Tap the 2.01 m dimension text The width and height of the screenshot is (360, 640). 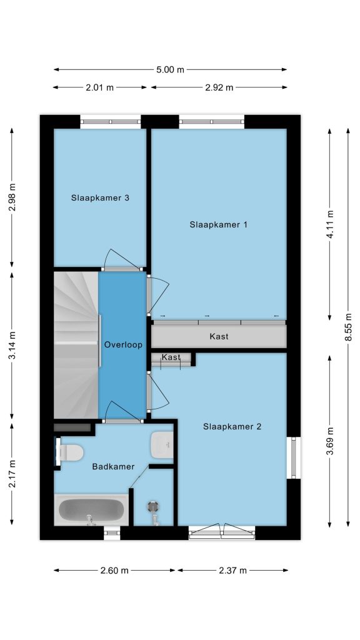click(99, 87)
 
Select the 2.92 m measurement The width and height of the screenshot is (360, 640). click(219, 87)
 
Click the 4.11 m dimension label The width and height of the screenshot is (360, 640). click(330, 224)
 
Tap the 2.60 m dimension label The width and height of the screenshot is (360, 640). click(114, 571)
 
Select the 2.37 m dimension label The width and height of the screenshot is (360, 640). click(232, 571)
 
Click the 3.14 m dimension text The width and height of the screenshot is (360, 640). click(12, 345)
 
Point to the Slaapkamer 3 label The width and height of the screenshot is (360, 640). click(101, 198)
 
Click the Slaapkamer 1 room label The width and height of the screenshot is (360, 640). click(218, 224)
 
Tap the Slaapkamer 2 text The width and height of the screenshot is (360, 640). click(232, 426)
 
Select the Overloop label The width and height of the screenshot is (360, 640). click(123, 345)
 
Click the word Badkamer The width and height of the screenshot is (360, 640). click(113, 466)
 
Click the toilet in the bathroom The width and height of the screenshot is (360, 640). click(69, 452)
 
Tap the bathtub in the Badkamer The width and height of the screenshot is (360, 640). click(91, 510)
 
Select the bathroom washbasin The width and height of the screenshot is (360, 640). click(162, 445)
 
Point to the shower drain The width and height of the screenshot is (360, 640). click(154, 506)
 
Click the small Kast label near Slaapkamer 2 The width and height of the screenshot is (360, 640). click(171, 357)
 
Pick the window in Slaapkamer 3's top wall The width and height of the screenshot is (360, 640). click(110, 121)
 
